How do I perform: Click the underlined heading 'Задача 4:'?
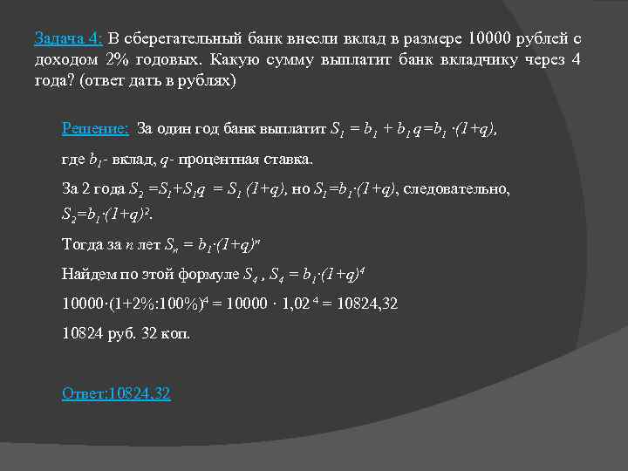69,39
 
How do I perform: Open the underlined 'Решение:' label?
96,129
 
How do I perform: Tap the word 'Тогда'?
81,243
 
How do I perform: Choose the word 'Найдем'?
85,275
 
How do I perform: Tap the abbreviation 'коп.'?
174,333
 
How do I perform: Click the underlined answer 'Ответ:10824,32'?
116,393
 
